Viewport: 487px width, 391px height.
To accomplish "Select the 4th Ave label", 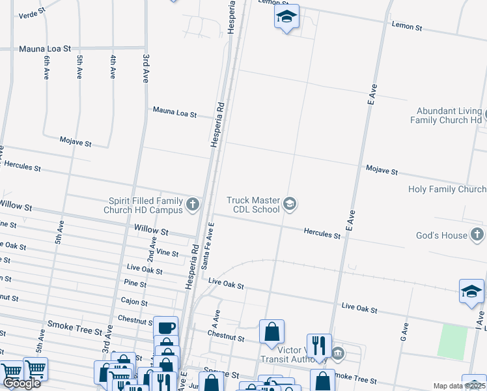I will coord(113,68).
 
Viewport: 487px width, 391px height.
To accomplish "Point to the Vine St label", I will coord(167,253).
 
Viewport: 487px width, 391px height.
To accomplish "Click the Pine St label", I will coord(135,283).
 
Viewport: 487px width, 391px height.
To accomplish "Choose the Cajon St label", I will coord(134,302).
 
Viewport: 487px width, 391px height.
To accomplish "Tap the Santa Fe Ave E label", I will coord(208,245).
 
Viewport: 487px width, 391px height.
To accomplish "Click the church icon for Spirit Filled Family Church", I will coord(192,205).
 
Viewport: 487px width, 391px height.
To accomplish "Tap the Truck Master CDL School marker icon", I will coord(290,205).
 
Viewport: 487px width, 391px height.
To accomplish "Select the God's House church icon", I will coord(477,235).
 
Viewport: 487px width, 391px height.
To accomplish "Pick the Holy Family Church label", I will coord(447,189).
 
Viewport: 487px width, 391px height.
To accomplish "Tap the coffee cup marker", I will coord(165,327).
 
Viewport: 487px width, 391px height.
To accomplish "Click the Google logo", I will coord(21,383).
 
